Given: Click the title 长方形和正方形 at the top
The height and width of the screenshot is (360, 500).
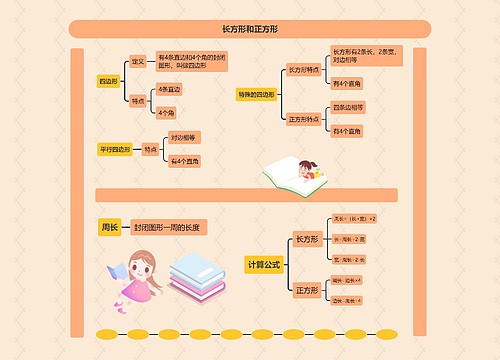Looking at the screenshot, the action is (x=250, y=28).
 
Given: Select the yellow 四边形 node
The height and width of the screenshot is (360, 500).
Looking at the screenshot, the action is (x=107, y=80).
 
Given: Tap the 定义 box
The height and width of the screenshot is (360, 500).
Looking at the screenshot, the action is (x=138, y=62).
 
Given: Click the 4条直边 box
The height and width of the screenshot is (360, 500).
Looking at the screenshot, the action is (x=170, y=90).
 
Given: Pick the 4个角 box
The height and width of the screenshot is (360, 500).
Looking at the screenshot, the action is (x=167, y=111).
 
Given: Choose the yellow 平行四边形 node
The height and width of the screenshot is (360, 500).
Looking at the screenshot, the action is (x=115, y=149).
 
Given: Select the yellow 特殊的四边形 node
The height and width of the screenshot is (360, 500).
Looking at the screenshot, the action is (x=256, y=95).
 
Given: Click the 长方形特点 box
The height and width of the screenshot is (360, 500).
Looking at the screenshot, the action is (x=303, y=70).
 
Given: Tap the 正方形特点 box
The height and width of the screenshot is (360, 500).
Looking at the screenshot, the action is (x=303, y=119).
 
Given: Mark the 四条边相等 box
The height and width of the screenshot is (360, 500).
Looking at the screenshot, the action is (x=348, y=107).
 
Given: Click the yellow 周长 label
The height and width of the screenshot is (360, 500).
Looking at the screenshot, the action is (x=109, y=227).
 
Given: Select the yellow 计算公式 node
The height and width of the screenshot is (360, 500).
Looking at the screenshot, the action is (x=264, y=264).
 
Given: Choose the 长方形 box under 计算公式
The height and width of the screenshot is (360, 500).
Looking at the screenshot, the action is (x=306, y=240).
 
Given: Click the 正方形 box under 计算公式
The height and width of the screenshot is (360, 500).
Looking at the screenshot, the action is (x=306, y=290).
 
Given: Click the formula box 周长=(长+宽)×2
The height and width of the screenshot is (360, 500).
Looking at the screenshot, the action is (x=354, y=218).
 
